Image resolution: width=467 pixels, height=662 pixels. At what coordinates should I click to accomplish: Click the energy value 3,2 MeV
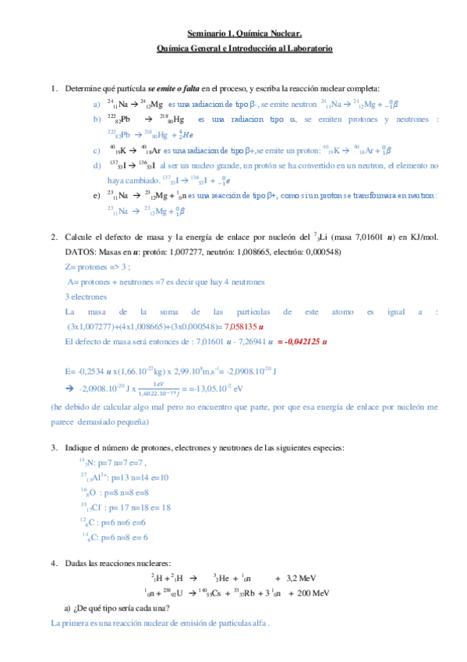coord(303,578)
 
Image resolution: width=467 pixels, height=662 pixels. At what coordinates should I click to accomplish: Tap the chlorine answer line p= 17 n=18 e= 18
coord(122,507)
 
